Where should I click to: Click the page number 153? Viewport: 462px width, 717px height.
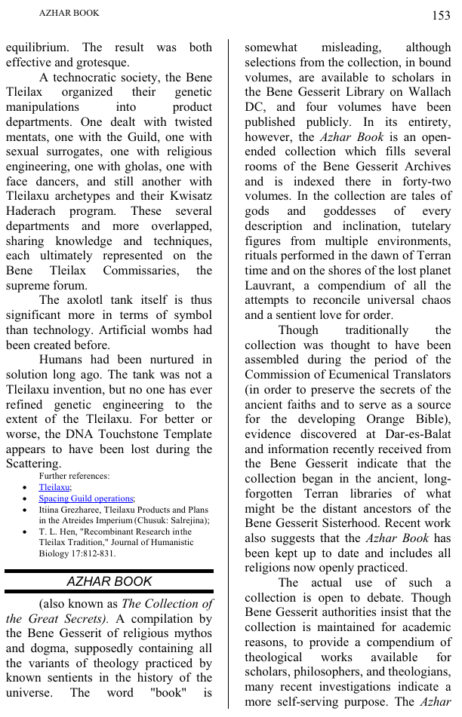[441, 15]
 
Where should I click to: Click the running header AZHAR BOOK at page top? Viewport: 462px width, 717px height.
[69, 13]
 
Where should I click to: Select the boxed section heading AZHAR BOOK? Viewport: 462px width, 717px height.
[109, 581]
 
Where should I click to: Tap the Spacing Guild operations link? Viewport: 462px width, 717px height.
[86, 498]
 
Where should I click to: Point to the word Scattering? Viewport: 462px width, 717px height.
[32, 464]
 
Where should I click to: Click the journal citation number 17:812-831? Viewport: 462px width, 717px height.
[84, 553]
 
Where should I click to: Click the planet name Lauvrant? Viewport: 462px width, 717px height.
[269, 286]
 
